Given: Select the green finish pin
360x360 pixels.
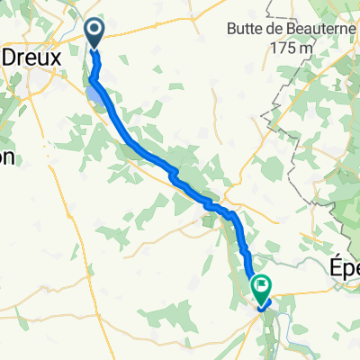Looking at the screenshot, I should (x=262, y=289).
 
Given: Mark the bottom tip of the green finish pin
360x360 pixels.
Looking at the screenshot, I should (x=262, y=305).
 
